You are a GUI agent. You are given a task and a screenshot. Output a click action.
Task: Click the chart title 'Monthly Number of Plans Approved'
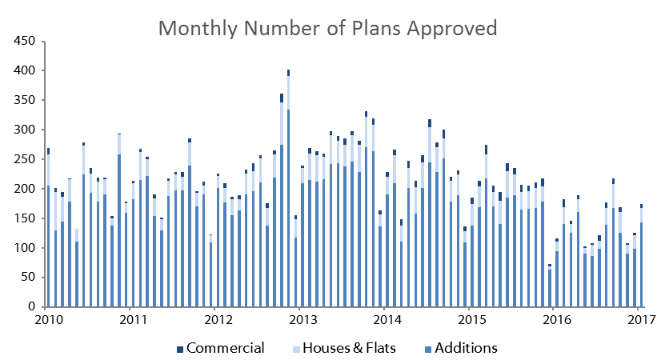(327, 29)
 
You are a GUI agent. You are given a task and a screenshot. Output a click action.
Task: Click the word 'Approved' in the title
(451, 29)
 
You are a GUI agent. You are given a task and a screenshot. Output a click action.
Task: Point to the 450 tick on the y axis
(24, 41)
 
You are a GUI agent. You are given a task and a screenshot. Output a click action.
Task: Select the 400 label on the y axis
(24, 70)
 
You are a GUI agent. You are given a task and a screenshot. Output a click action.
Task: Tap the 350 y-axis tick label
(24, 100)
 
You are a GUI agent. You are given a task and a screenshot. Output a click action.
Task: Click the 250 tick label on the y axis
(24, 159)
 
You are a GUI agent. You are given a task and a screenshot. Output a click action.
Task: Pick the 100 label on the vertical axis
(24, 248)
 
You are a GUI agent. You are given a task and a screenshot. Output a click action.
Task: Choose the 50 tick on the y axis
(28, 277)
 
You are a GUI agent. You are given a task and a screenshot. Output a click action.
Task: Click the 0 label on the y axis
(32, 306)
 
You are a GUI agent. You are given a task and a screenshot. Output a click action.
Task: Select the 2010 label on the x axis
(49, 320)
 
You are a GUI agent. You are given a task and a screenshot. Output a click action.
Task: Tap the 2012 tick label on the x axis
(218, 320)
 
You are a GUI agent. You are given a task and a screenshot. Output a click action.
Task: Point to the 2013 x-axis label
(303, 320)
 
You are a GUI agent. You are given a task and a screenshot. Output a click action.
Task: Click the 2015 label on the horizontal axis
(472, 320)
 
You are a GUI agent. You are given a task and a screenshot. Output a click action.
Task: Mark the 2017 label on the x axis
(642, 320)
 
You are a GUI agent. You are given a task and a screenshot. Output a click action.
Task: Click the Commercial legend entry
(221, 348)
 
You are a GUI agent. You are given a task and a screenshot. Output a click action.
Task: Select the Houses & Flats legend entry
(344, 348)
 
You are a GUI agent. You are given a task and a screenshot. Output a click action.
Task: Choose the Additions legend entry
(461, 348)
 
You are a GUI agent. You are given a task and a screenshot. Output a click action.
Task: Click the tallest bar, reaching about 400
(289, 188)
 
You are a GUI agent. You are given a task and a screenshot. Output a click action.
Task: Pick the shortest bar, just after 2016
(550, 286)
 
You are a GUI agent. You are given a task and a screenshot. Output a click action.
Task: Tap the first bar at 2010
(49, 227)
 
